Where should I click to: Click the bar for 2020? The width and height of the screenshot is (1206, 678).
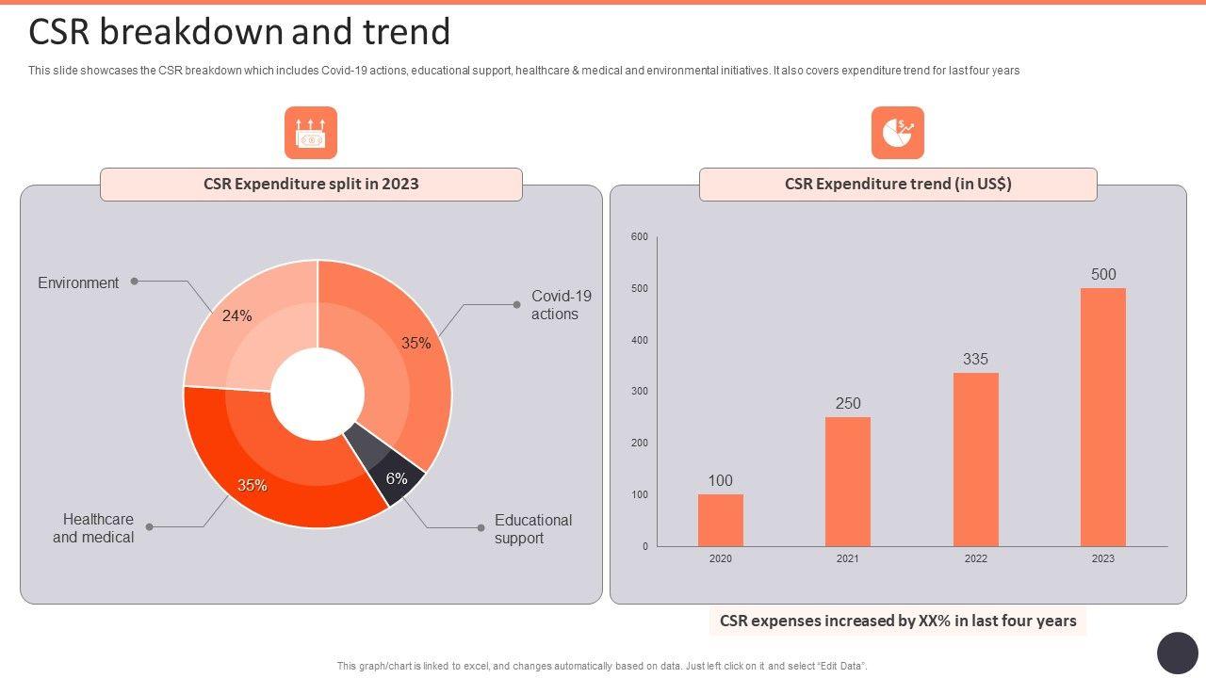pos(721,520)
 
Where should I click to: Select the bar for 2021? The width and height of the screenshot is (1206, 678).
pos(848,481)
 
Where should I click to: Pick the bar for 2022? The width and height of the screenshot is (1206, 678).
pos(976,460)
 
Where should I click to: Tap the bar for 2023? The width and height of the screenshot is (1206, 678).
pos(1103,417)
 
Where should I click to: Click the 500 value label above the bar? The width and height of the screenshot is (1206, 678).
pos(1103,275)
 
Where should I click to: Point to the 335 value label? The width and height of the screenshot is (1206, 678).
pos(975,360)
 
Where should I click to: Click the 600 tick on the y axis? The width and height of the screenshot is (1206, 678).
pos(640,237)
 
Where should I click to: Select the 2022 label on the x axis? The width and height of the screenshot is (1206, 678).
pos(976,559)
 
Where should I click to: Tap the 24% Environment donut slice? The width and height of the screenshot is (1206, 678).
pos(250,325)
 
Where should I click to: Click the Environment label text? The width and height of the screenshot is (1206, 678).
pos(78,283)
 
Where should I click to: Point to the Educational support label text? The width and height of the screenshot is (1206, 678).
pos(532,529)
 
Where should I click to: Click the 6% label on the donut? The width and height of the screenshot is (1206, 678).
pos(397,479)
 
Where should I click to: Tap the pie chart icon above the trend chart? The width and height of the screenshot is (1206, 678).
pos(897,133)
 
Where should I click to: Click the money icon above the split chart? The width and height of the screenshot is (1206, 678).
pos(311,133)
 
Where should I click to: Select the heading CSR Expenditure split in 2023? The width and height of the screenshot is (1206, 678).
pos(311,185)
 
